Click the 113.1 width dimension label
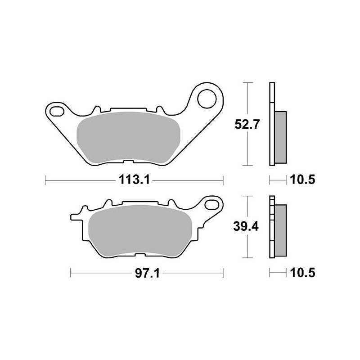(x=134, y=180)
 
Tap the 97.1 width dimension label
(x=147, y=274)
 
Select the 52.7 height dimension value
(x=247, y=125)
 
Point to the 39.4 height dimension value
(x=246, y=227)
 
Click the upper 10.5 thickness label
(x=302, y=180)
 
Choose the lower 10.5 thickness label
(x=302, y=274)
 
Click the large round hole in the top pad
(x=207, y=99)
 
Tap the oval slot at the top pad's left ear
(x=57, y=111)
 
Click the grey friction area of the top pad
(x=129, y=138)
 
